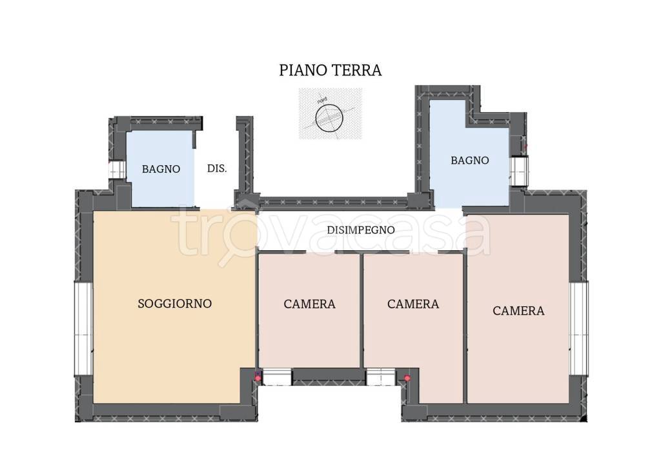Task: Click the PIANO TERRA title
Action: (x=330, y=70)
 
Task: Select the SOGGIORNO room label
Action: (x=174, y=304)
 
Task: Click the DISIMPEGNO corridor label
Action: (x=361, y=230)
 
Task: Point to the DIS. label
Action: (x=217, y=168)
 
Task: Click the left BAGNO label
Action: (x=161, y=169)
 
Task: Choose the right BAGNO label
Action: (x=470, y=160)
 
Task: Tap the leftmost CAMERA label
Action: (x=309, y=304)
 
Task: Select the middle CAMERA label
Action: (x=413, y=304)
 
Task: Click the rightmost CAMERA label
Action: (x=518, y=311)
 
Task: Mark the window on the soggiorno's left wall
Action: (x=83, y=328)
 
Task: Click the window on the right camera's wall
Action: (x=579, y=328)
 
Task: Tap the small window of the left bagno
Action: (x=117, y=170)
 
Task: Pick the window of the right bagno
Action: (x=519, y=170)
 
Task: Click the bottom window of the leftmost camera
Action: (x=276, y=377)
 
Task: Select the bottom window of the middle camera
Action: (x=381, y=377)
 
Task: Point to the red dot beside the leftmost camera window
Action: (x=258, y=379)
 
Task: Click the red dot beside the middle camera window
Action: (x=407, y=379)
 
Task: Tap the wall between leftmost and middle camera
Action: (x=361, y=310)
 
